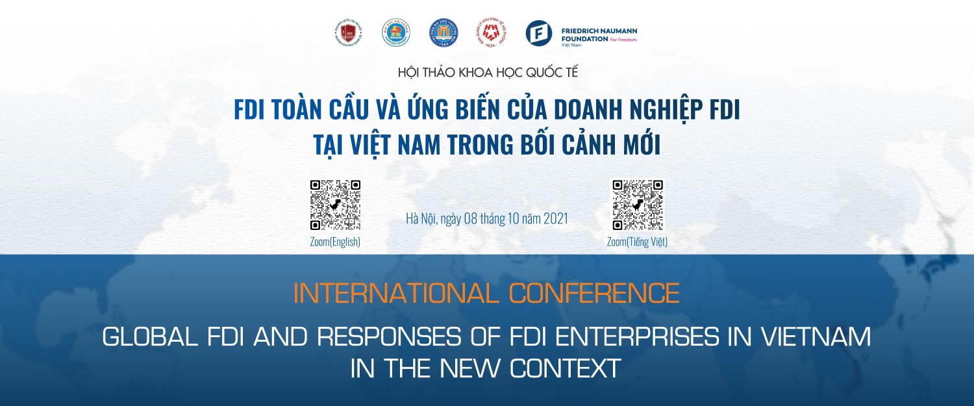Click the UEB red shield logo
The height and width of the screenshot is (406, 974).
pos(348,33)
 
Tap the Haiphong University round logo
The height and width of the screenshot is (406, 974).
pos(395,33)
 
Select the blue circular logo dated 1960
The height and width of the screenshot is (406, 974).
pos(443,33)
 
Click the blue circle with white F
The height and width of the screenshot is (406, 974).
pos(538,33)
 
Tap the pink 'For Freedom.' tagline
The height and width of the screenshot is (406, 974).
pos(624,40)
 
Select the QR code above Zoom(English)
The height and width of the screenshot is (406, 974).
pos(335,205)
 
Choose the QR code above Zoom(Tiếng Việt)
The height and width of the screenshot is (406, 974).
pos(637,205)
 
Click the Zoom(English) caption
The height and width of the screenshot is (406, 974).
pos(335,242)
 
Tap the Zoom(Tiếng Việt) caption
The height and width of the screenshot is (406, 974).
pos(637,242)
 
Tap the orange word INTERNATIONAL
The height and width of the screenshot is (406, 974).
pos(397,294)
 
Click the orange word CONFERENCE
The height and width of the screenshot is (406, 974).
pos(594,294)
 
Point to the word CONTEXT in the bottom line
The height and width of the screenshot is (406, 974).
pos(566,368)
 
